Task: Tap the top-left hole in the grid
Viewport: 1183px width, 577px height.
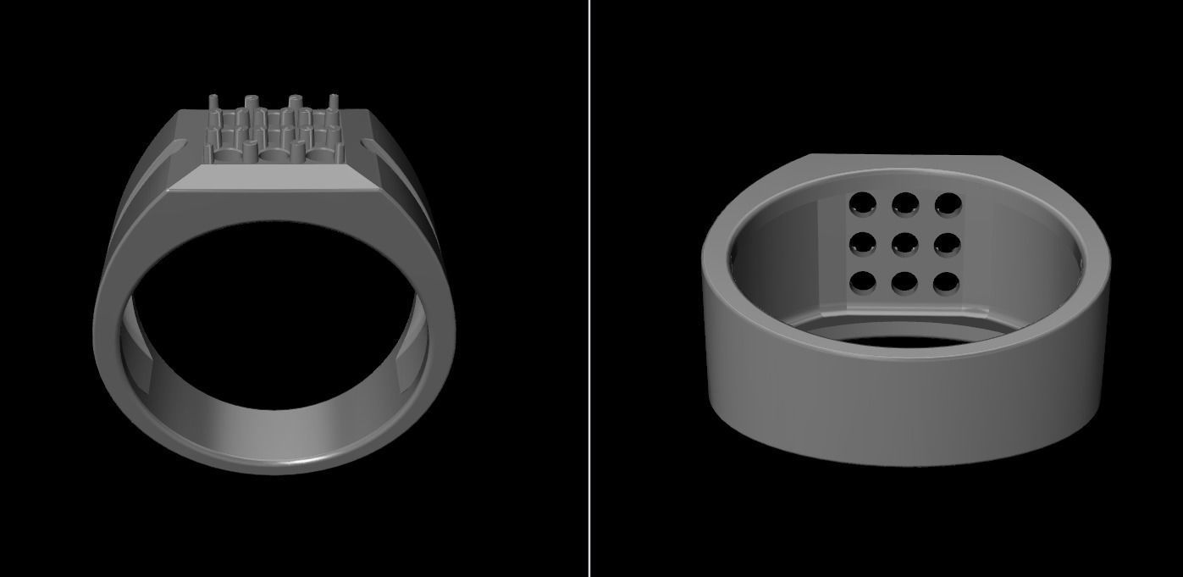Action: [x=863, y=203]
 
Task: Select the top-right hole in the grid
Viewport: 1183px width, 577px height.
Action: [x=948, y=203]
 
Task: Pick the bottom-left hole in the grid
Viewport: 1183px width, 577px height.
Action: [x=863, y=280]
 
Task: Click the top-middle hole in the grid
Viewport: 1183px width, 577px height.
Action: [x=905, y=203]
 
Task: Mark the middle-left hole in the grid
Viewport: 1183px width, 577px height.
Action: [x=863, y=243]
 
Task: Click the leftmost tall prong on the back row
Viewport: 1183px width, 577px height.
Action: [x=213, y=105]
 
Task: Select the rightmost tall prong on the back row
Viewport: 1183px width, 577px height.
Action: [x=334, y=105]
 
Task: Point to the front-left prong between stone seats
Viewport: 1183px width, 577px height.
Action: [x=251, y=150]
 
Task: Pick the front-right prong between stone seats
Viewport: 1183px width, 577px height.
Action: [x=297, y=150]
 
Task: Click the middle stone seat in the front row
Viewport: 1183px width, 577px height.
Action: [x=274, y=157]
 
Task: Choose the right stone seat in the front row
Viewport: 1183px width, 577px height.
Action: [x=318, y=157]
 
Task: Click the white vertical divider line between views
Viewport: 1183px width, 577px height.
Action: [x=590, y=288]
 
